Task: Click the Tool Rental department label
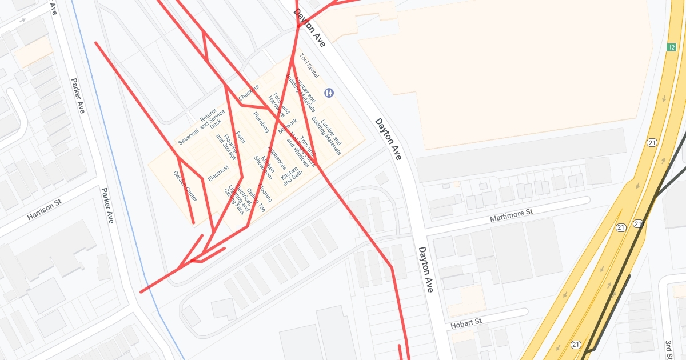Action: coord(309,67)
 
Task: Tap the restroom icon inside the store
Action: coord(329,92)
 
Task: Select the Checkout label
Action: coord(249,93)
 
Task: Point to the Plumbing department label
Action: coord(261,122)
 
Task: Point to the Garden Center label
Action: coord(185,186)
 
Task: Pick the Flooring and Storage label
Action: coord(226,147)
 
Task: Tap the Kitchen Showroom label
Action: coord(264,166)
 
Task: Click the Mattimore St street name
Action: coord(511,215)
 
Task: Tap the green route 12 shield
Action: coord(671,47)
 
